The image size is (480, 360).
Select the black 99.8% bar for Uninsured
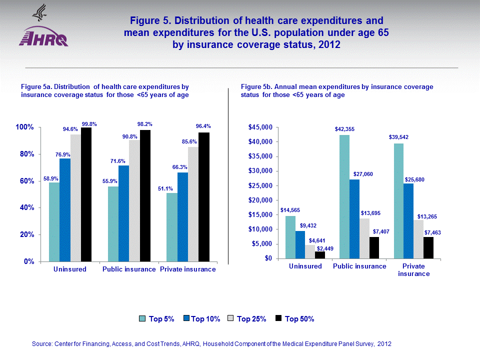click(x=86, y=194)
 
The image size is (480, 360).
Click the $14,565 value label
click(x=290, y=210)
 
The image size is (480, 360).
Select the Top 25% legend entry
click(x=247, y=319)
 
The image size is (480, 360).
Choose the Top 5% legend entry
click(x=155, y=319)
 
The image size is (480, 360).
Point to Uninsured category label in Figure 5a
click(x=69, y=269)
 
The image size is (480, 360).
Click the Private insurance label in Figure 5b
click(x=413, y=270)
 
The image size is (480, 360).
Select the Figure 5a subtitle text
click(x=105, y=91)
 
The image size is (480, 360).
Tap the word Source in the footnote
click(x=41, y=344)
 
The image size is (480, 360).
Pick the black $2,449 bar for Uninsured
click(x=319, y=255)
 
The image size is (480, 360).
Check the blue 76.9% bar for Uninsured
click(x=65, y=210)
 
